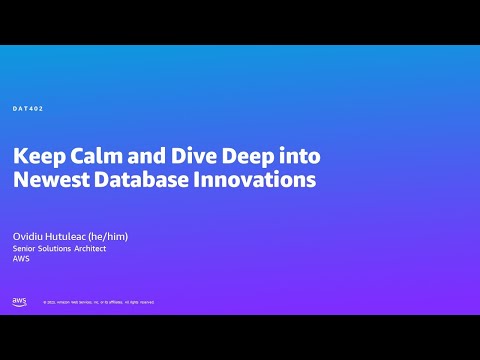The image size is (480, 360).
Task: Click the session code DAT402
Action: click(x=27, y=108)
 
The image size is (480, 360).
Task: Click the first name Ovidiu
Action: click(x=27, y=236)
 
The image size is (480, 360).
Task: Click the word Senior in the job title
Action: click(x=24, y=248)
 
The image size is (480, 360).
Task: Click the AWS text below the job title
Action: click(x=21, y=259)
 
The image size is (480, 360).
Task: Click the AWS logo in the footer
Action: click(x=19, y=301)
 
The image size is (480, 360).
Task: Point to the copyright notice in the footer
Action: click(x=98, y=302)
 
